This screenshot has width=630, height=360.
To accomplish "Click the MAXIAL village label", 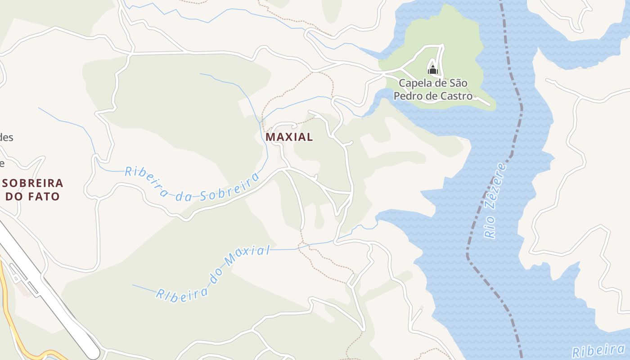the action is click(x=289, y=137).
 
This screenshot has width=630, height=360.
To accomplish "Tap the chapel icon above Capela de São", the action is click(x=432, y=70).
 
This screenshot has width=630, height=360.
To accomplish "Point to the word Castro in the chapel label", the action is click(x=457, y=96).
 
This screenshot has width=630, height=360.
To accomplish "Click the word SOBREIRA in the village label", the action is click(x=33, y=183).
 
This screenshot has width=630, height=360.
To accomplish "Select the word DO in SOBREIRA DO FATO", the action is click(x=13, y=197).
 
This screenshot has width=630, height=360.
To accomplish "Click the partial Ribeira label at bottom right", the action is click(x=598, y=351).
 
